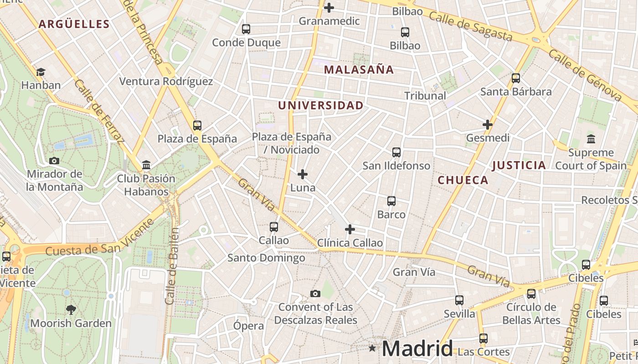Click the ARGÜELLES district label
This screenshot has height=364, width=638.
74,24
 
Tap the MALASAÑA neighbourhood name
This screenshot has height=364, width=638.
359,70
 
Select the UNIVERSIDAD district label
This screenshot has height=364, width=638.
321,106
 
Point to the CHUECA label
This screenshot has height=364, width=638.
463,180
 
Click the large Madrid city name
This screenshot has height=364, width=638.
417,349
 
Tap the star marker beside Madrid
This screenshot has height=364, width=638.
372,349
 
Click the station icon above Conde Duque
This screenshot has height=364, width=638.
246,29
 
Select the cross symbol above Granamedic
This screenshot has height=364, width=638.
329,8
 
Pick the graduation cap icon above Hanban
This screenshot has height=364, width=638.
41,72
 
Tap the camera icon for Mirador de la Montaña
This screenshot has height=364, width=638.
54,161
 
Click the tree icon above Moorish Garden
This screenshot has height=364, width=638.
71,310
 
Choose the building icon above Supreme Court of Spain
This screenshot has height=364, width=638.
591,139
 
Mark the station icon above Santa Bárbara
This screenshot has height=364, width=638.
516,78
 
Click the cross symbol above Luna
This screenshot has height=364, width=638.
303,174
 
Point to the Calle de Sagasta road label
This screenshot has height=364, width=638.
471,27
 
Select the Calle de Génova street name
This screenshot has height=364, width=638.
585,75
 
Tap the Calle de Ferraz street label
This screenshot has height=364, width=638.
98,111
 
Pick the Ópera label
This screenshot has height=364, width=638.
248,326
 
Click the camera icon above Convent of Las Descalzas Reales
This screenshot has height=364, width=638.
315,293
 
